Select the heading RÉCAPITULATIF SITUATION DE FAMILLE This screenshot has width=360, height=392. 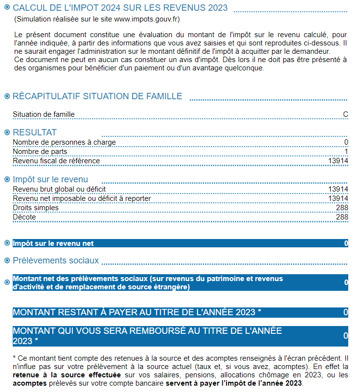97,96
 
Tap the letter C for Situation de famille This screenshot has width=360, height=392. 345,114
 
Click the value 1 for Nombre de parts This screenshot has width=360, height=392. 346,152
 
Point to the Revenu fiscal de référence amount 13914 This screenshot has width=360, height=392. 338,161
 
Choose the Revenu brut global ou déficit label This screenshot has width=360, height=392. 59,189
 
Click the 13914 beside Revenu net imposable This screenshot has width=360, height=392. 338,198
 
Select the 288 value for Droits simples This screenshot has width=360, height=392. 342,208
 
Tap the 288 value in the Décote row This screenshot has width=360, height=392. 342,217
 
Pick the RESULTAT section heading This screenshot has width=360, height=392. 35,132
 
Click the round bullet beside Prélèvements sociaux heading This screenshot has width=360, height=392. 7,261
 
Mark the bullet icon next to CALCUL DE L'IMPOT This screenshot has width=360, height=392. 7,8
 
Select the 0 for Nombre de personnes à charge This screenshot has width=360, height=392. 346,142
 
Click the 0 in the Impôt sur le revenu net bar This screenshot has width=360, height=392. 346,243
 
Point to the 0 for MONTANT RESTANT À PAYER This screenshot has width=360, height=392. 345,312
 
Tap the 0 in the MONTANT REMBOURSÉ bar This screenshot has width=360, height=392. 345,336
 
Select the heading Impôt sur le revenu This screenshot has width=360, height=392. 50,179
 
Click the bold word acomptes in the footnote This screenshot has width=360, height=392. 30,383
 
